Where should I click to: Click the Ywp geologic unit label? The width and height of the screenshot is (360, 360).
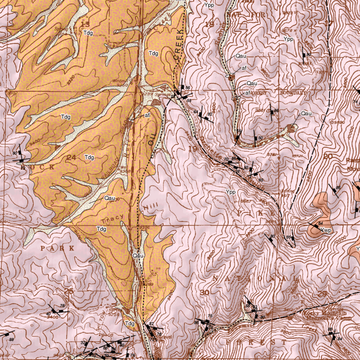[x=326, y=230]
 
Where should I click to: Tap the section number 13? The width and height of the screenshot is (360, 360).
[x=85, y=24]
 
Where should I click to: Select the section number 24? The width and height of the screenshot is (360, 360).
[x=71, y=157]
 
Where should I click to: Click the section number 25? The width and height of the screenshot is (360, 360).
[x=69, y=292]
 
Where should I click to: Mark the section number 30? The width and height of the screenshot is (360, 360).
[x=204, y=292]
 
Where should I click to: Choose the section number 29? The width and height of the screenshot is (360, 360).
[x=322, y=294]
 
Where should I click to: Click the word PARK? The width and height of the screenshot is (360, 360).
[x=57, y=248]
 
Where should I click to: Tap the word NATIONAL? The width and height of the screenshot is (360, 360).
[x=255, y=279]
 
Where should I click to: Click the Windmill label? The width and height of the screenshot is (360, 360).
[x=119, y=81]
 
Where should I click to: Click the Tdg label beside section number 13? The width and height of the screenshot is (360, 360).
[x=88, y=33]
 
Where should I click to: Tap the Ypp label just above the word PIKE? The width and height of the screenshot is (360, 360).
[x=231, y=192]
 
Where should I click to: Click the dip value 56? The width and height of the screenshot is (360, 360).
[x=187, y=88]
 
